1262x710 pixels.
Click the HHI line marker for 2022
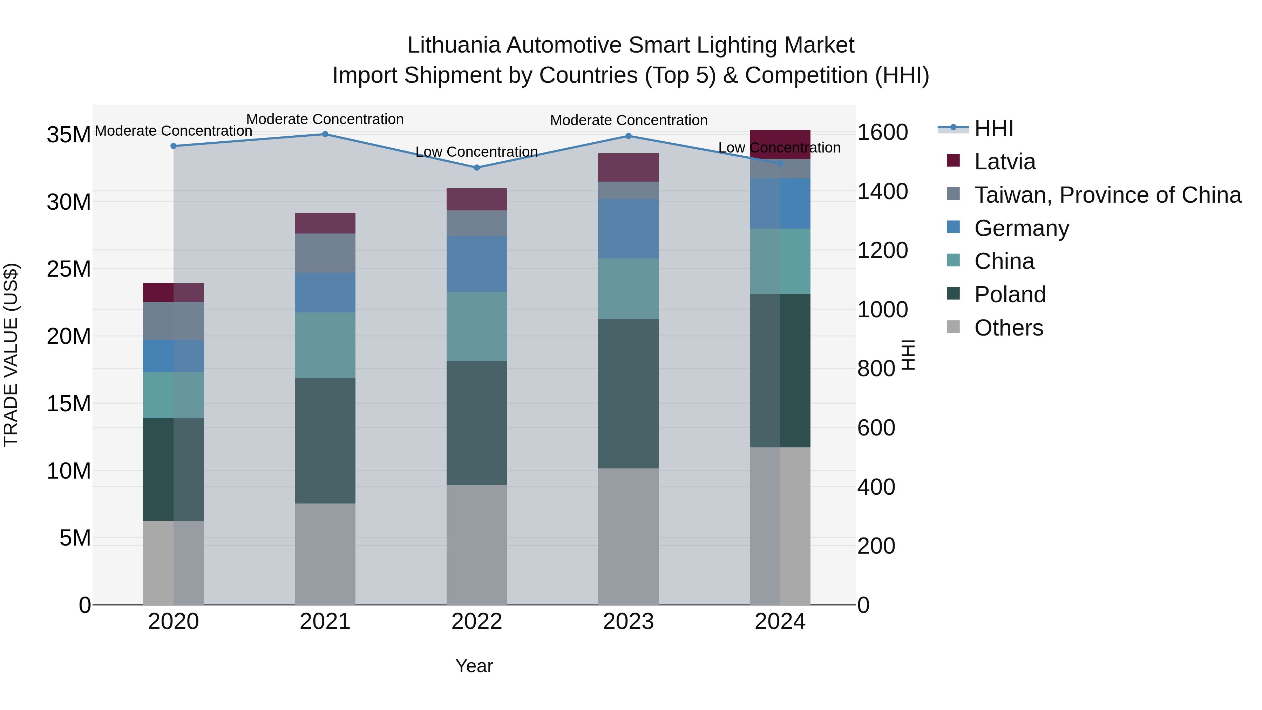click(477, 168)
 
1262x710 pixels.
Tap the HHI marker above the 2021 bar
click(325, 134)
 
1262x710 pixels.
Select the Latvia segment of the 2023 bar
click(628, 168)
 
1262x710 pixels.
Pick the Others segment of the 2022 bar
click(477, 545)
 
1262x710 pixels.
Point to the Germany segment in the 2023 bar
click(628, 229)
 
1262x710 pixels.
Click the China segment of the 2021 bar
click(325, 345)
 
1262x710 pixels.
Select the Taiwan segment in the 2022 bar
click(477, 223)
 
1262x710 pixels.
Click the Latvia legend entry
click(1004, 162)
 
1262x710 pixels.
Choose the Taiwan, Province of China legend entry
click(1107, 195)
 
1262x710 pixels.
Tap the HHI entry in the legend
click(993, 128)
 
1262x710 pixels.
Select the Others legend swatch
click(954, 327)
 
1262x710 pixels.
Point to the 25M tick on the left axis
click(69, 269)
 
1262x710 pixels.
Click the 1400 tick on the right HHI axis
click(882, 191)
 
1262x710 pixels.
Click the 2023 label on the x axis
click(628, 622)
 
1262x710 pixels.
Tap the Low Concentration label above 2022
click(477, 152)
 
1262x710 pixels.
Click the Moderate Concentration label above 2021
click(325, 119)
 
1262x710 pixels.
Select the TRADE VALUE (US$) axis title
click(11, 355)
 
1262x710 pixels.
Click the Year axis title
click(474, 666)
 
